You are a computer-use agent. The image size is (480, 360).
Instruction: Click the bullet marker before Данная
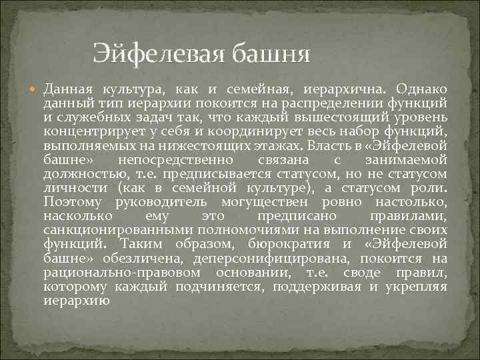click(x=35, y=89)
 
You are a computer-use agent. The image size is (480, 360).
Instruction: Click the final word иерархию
click(x=76, y=301)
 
